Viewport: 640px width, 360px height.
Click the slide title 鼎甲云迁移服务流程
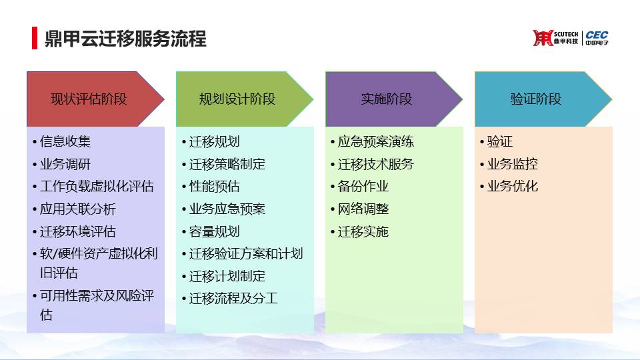click(125, 39)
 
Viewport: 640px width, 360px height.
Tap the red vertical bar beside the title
click(35, 38)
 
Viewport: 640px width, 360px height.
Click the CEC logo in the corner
click(597, 37)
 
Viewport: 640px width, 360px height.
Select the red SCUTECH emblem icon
click(543, 38)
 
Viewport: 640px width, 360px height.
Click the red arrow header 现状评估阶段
click(95, 99)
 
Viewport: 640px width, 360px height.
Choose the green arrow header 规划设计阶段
click(245, 99)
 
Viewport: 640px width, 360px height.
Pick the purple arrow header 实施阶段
click(394, 99)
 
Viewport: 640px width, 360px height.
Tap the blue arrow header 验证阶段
click(543, 99)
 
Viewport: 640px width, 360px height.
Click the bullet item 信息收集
click(65, 141)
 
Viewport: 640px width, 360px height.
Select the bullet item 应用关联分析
click(78, 209)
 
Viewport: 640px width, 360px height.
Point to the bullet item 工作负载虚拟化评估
click(97, 187)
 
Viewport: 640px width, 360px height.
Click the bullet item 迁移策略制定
click(227, 164)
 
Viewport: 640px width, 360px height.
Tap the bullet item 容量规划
click(214, 231)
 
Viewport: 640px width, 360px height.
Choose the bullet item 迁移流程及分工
click(233, 299)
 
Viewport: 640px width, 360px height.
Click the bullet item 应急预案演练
click(376, 141)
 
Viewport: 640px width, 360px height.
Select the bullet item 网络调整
click(363, 209)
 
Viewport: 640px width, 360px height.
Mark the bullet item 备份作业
click(363, 187)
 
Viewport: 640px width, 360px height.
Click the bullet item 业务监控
click(513, 164)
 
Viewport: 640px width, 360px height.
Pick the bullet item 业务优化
click(513, 187)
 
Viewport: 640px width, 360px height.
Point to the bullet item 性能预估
click(214, 187)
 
